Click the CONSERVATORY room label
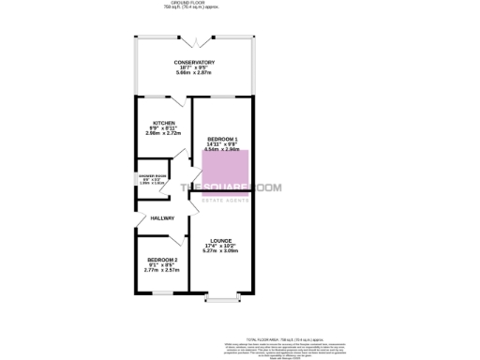(194, 62)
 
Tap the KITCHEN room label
(164, 123)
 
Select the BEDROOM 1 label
(222, 138)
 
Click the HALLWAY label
(148, 217)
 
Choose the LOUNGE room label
(221, 240)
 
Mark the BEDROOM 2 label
(162, 259)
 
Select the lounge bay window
(221, 300)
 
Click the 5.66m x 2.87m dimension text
(194, 73)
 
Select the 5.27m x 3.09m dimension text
(221, 251)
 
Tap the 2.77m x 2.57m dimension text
(162, 270)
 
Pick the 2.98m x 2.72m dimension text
(164, 133)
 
